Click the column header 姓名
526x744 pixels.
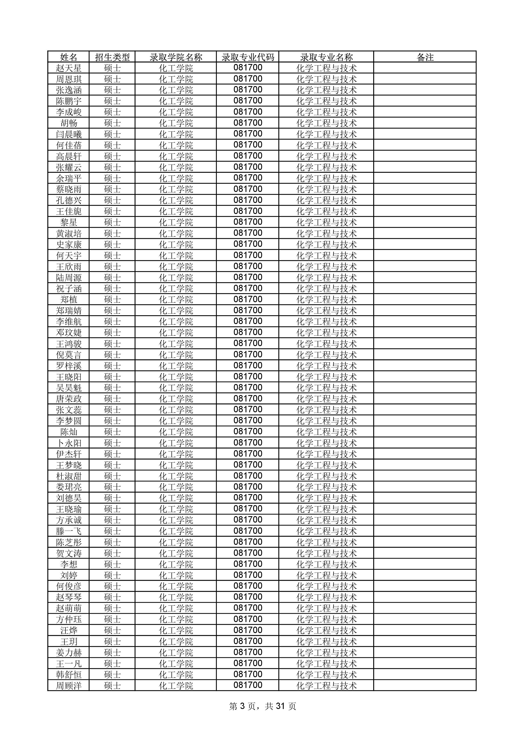[x=69, y=57]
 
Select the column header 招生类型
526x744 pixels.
[x=112, y=57]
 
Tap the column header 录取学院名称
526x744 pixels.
[x=176, y=57]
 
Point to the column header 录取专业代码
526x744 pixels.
[x=248, y=57]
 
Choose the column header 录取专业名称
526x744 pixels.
[x=326, y=57]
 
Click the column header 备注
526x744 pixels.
[x=425, y=57]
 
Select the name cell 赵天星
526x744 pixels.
[x=69, y=68]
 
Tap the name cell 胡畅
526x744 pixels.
[x=69, y=123]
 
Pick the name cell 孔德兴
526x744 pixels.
[x=69, y=200]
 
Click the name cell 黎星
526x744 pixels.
[x=69, y=222]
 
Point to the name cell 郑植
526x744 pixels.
[x=69, y=299]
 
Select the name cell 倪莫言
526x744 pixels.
[x=69, y=355]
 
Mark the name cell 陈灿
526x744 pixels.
[x=69, y=432]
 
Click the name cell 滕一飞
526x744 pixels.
[x=69, y=531]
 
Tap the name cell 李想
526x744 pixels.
[x=69, y=564]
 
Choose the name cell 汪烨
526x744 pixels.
[x=69, y=630]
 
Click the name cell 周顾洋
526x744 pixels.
[x=69, y=686]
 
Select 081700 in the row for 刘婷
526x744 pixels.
[x=248, y=575]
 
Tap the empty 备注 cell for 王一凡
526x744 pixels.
[x=425, y=664]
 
